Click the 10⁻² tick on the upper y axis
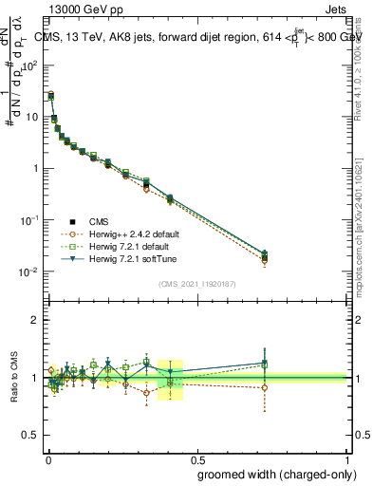pos(32,271)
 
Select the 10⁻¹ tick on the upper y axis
pos(32,220)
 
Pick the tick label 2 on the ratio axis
pos(36,320)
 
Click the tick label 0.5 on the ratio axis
pos(32,437)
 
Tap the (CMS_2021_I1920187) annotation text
pos(196,284)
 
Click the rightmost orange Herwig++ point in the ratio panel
pos(265,387)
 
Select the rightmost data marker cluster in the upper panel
pos(265,256)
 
